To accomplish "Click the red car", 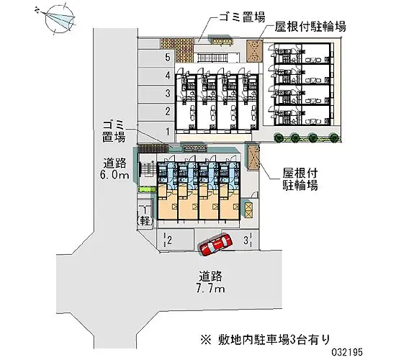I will pos(215,245).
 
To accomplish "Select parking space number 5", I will pos(167,57).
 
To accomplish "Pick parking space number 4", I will pos(167,75).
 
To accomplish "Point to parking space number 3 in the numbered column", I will pos(167,93).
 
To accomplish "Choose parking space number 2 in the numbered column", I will pos(167,111).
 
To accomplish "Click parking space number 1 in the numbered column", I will pos(167,130).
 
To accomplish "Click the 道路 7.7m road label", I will pos(213,282).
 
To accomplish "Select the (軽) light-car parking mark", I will pos(144,216).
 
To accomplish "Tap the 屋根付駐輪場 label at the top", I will pos(310,27).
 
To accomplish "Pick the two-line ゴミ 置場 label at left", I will pos(114,130).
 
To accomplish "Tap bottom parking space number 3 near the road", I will pos(247,240).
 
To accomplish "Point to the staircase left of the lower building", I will pos(145,170).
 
